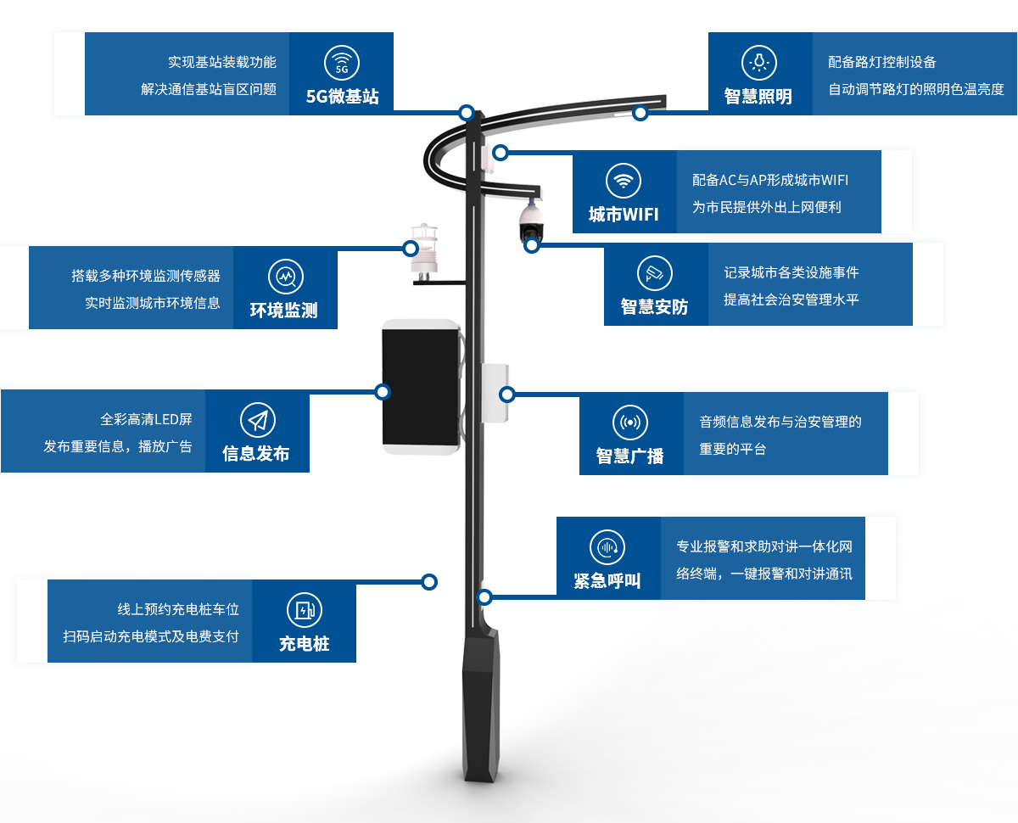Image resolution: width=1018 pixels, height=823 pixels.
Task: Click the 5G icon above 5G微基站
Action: tap(342, 63)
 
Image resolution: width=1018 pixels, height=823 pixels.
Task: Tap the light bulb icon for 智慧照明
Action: tap(758, 62)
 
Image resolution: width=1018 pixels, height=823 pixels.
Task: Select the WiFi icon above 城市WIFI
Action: tap(623, 181)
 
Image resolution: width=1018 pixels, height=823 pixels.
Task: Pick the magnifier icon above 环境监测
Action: tap(285, 277)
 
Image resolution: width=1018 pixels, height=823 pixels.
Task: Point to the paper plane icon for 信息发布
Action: tap(258, 420)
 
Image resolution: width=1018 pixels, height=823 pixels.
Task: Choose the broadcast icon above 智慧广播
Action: tap(629, 422)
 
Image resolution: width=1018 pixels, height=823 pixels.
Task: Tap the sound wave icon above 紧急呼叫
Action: tap(607, 547)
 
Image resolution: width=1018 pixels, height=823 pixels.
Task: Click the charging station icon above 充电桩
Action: tap(304, 610)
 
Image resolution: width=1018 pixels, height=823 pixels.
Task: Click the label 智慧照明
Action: tap(758, 96)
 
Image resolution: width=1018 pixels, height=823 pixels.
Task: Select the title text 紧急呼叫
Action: tap(607, 581)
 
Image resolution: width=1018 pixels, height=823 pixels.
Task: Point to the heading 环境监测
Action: tap(283, 310)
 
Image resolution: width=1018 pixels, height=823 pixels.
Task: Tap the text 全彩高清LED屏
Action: tap(146, 419)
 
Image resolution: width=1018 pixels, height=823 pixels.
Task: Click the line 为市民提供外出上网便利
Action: tap(766, 207)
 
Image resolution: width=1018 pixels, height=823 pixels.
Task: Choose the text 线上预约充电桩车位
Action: tap(178, 609)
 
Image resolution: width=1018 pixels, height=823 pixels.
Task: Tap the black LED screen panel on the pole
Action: tap(421, 386)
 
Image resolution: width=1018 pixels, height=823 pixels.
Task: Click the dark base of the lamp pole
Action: tap(482, 713)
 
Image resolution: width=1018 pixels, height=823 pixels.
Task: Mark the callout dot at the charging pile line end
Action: tap(429, 582)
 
